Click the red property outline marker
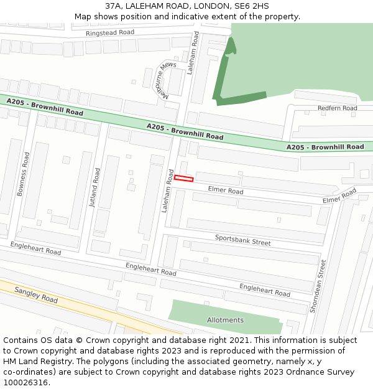tap(183, 179)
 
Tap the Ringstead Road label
tap(110, 32)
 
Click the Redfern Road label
tap(337, 108)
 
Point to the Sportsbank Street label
tap(242, 240)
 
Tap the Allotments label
tap(225, 320)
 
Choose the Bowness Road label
tap(22, 174)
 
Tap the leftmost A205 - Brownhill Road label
tap(45, 107)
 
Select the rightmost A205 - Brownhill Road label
tap(325, 147)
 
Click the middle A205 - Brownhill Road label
tap(185, 131)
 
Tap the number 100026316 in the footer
tap(25, 382)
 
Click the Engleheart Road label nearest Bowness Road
tap(35, 248)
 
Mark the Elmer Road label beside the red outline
tap(225, 190)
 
